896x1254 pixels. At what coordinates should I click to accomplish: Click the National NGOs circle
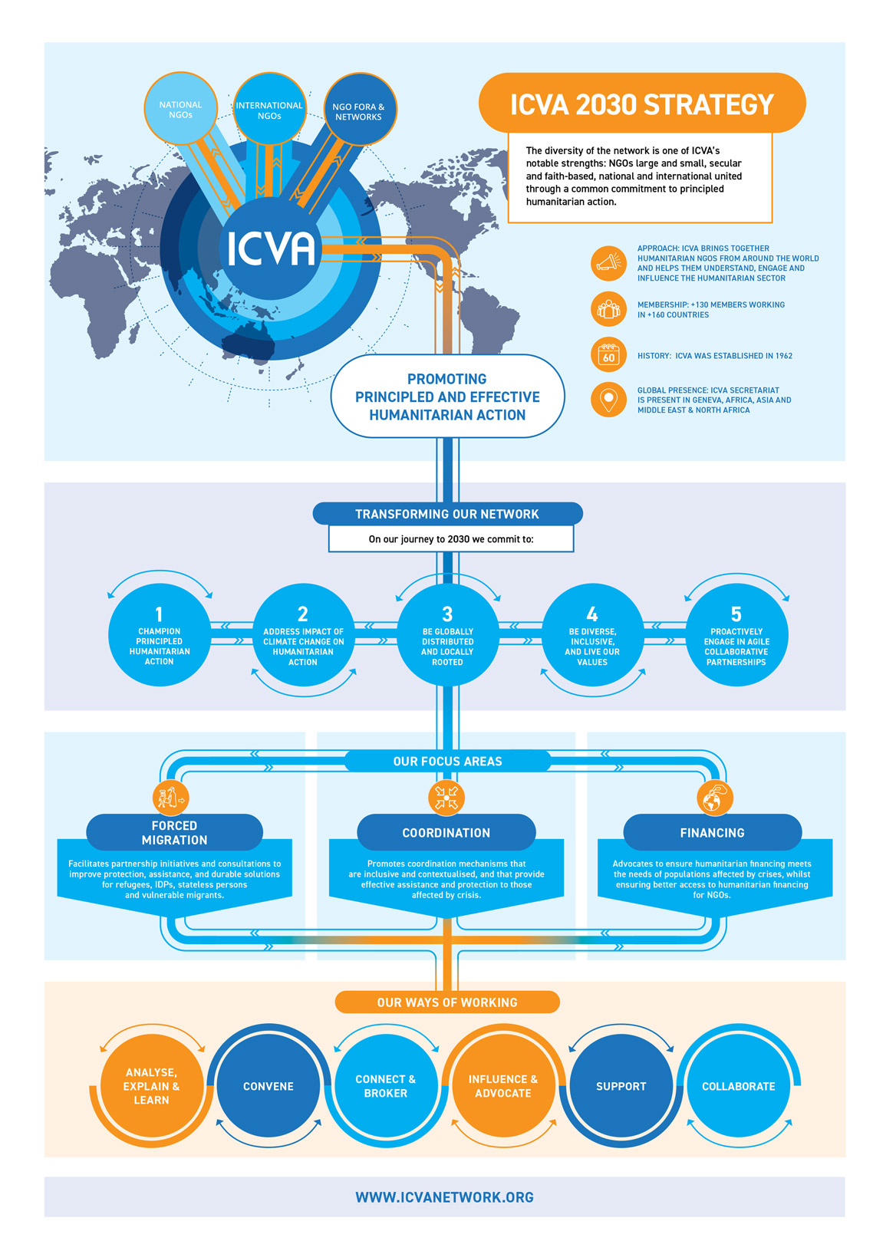click(x=180, y=109)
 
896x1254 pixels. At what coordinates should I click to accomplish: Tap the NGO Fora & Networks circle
click(x=359, y=110)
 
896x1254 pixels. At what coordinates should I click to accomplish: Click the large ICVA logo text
click(x=271, y=248)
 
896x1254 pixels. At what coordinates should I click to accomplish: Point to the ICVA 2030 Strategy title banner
click(x=642, y=104)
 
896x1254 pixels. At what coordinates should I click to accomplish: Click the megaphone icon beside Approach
click(x=608, y=263)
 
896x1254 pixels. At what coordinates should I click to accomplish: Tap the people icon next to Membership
click(x=608, y=309)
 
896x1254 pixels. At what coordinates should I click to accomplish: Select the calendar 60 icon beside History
click(x=608, y=355)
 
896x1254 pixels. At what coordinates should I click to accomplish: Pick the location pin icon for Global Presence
click(x=608, y=400)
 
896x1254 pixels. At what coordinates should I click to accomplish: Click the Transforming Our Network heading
click(x=447, y=514)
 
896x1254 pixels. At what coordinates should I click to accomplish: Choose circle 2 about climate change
click(x=303, y=635)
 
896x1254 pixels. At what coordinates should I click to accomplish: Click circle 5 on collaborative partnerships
click(x=736, y=635)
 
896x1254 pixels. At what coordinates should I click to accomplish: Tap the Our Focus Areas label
click(x=447, y=762)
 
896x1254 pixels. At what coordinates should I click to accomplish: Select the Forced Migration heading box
click(x=174, y=832)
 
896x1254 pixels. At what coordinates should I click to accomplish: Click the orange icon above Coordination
click(x=446, y=798)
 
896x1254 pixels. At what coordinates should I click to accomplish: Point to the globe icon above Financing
click(x=714, y=798)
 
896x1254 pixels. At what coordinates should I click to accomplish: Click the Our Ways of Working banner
click(x=447, y=1002)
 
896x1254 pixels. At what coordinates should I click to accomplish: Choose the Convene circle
click(x=268, y=1086)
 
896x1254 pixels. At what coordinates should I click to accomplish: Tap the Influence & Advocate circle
click(x=503, y=1086)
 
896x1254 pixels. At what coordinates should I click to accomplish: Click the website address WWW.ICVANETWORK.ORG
click(x=445, y=1197)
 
